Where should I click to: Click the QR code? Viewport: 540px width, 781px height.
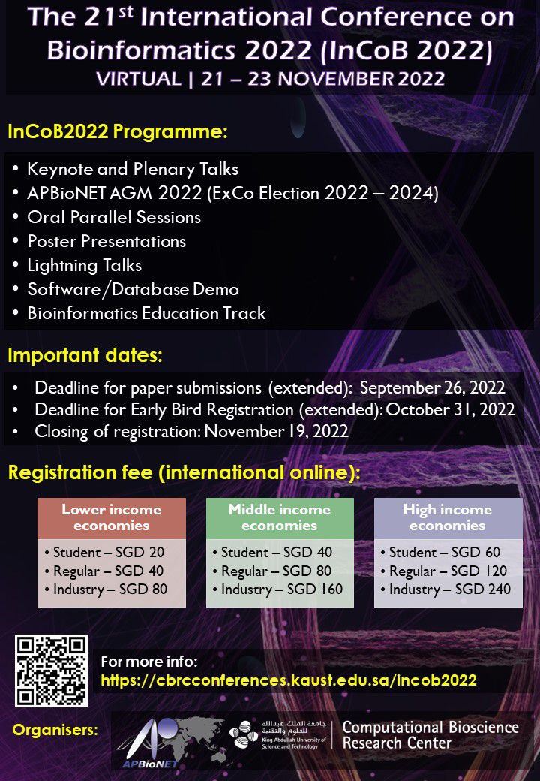[x=51, y=671]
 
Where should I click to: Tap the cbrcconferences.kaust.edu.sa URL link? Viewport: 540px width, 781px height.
[x=289, y=680]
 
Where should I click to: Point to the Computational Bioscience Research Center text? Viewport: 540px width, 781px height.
[x=430, y=735]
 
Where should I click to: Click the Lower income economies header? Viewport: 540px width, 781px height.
[x=111, y=517]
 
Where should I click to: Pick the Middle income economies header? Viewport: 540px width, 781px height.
[x=279, y=517]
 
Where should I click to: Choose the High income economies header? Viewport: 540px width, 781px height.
[x=447, y=517]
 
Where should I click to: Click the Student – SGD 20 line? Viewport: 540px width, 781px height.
[x=104, y=553]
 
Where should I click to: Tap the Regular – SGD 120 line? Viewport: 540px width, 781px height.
[x=447, y=571]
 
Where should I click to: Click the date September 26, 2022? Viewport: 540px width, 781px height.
[x=432, y=389]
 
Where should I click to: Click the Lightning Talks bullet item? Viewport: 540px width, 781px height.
[x=84, y=265]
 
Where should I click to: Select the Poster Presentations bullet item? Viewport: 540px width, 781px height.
[x=106, y=241]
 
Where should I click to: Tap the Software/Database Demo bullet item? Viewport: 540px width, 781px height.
[x=133, y=289]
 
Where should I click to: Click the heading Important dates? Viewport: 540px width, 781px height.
[x=85, y=355]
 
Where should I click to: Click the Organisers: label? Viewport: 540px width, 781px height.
[x=55, y=730]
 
